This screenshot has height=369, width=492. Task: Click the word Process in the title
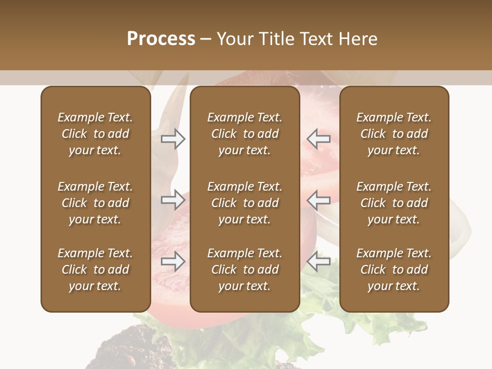pos(161,39)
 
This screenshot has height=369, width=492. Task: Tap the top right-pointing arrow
pos(173,138)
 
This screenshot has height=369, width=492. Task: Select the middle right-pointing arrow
pos(173,200)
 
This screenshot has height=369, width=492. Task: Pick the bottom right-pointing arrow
pos(173,262)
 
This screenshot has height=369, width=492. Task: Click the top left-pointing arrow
pos(319,138)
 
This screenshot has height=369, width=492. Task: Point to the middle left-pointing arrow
pos(319,200)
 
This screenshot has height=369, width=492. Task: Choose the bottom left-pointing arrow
pos(319,262)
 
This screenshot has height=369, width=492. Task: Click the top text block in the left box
pos(95,134)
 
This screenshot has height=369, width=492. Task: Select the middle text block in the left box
pos(95,203)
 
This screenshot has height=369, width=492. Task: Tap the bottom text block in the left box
pos(95,270)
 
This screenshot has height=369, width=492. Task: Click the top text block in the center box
pos(244,134)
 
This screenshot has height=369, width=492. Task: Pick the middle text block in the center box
pos(244,203)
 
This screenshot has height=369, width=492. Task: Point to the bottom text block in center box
pos(244,270)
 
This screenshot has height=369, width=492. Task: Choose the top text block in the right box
pos(394,134)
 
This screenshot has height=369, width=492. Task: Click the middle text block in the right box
pos(394,203)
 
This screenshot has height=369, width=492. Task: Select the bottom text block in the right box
pos(394,270)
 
